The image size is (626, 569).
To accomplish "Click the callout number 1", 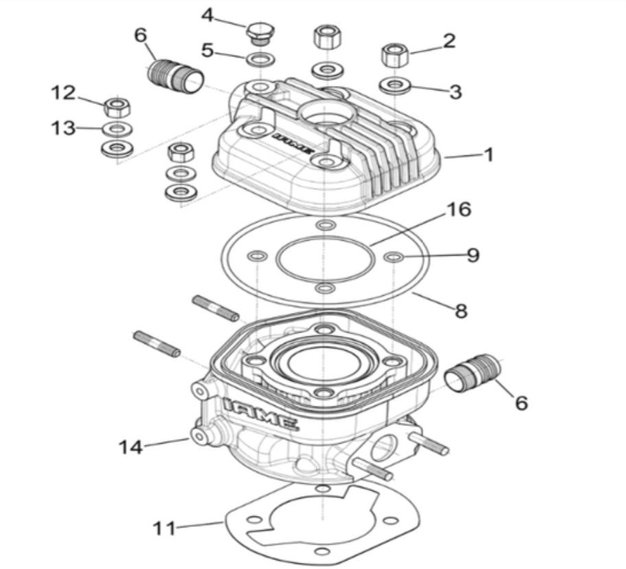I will click(x=489, y=155).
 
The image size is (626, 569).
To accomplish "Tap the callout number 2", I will click(x=449, y=41).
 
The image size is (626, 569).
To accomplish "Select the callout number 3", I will click(x=455, y=92).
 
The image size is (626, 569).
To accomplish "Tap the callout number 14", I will click(x=130, y=447).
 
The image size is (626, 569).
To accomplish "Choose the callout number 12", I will click(x=63, y=92).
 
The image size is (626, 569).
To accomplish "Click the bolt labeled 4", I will click(x=258, y=32).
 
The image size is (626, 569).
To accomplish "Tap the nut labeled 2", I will click(x=392, y=54).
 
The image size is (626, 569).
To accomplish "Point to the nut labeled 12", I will click(x=118, y=107).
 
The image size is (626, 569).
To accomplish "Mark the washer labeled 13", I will click(x=118, y=129).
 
